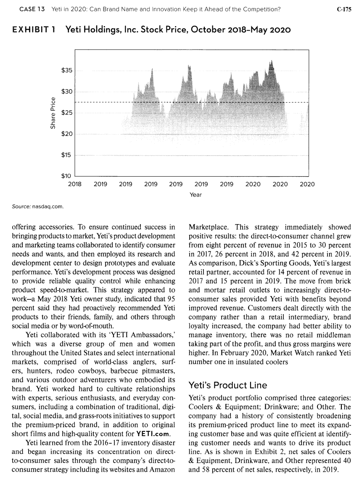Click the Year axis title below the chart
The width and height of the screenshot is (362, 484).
(x=196, y=195)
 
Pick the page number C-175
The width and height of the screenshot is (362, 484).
(x=344, y=10)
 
